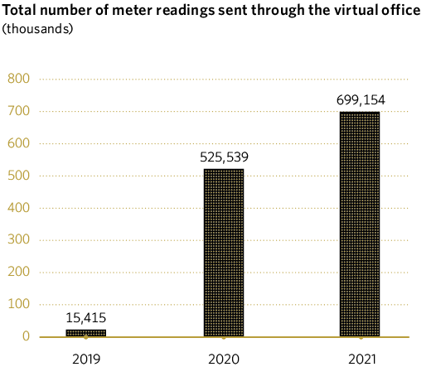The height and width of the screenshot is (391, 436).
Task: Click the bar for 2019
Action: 86,333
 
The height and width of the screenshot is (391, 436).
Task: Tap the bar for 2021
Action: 360,224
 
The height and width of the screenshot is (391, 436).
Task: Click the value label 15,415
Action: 86,317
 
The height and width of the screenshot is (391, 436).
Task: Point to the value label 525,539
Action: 224,157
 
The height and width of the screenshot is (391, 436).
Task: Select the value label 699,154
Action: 361,100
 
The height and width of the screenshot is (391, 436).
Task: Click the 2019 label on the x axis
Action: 86,360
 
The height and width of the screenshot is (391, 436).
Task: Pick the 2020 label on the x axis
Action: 224,360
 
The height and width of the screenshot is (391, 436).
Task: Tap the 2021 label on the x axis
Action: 361,360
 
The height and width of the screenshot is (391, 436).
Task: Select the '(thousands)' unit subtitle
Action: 37,28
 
